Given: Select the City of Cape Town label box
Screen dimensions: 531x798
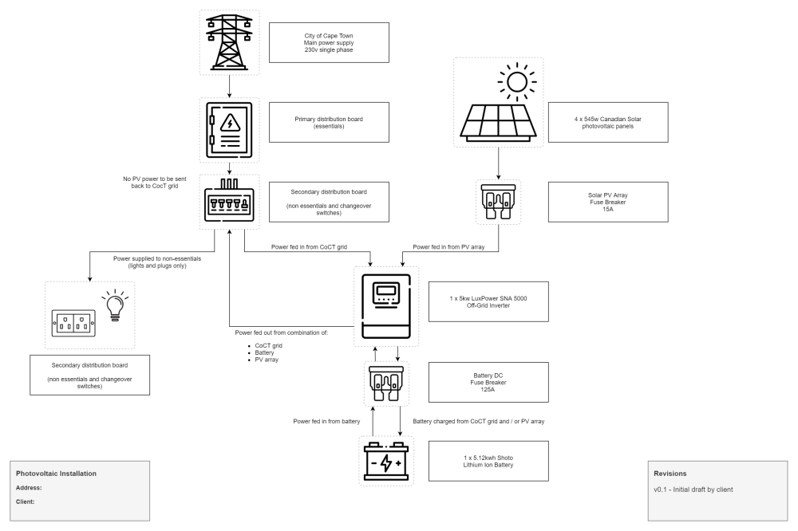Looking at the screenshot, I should click(329, 42).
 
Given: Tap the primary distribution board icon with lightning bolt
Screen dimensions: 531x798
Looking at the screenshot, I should click(229, 128).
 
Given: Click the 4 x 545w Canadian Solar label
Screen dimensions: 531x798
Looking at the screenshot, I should click(607, 121).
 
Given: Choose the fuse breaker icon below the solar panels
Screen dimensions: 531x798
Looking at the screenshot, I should click(498, 200).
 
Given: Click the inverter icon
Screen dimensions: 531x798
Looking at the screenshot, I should click(386, 306).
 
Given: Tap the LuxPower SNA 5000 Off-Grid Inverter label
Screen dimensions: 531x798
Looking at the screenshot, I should click(488, 301).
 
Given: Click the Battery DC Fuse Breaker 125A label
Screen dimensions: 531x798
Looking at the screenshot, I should click(488, 381).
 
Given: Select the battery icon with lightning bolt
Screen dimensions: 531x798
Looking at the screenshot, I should click(386, 462).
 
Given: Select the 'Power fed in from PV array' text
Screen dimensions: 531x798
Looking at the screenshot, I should click(449, 247).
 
